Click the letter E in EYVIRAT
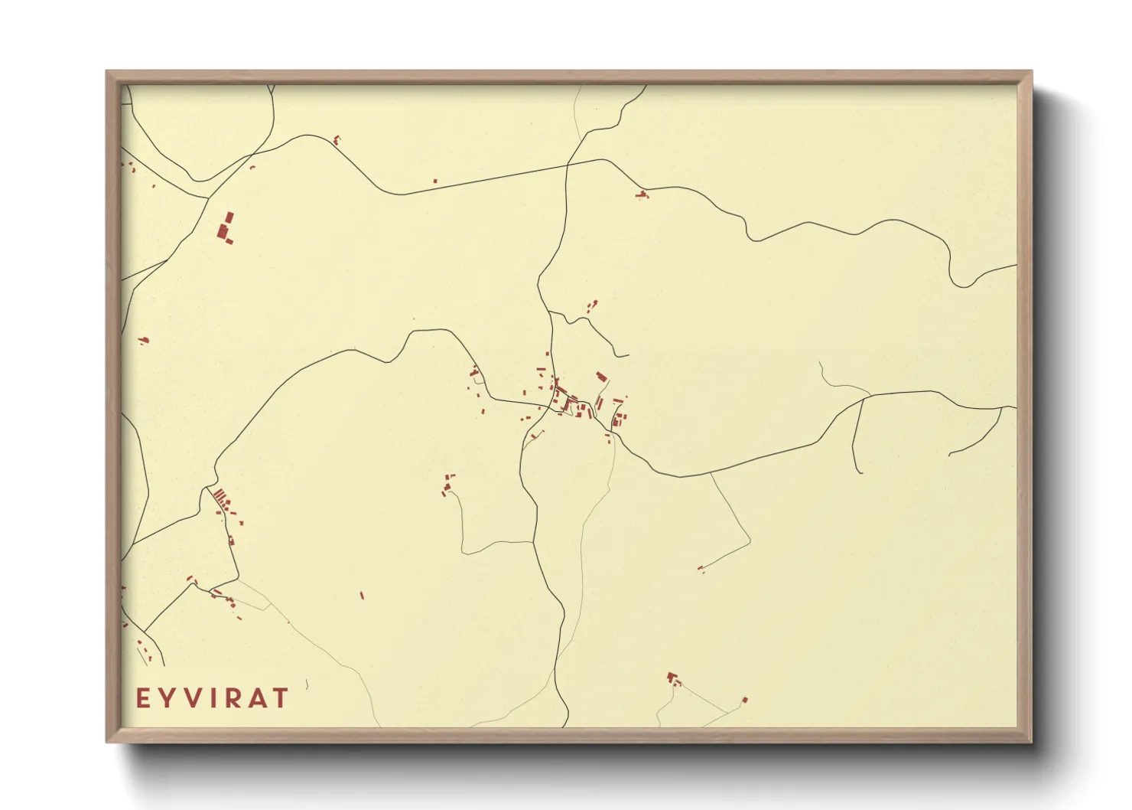[x=142, y=698]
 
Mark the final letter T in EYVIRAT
[x=281, y=698]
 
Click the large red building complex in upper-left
[x=226, y=229]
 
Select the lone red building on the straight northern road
[x=435, y=181]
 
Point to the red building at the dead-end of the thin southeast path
[x=700, y=568]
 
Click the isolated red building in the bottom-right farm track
[x=745, y=700]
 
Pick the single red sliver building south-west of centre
[x=362, y=595]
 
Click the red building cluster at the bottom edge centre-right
[x=672, y=678]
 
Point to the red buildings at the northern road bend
[x=642, y=194]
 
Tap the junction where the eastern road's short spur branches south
[x=862, y=400]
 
